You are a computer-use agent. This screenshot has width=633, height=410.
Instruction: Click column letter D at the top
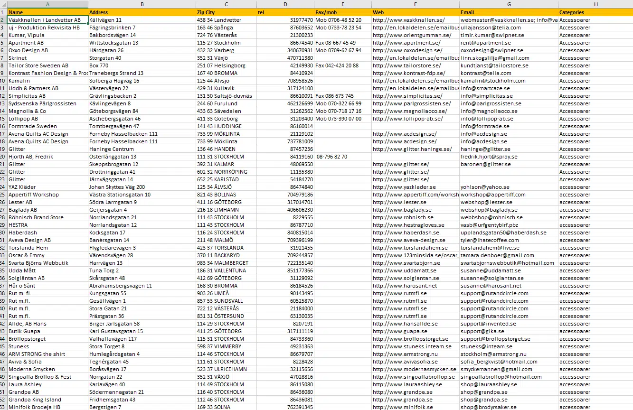tap(285, 4)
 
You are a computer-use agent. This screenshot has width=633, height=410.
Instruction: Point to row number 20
tap(3, 157)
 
